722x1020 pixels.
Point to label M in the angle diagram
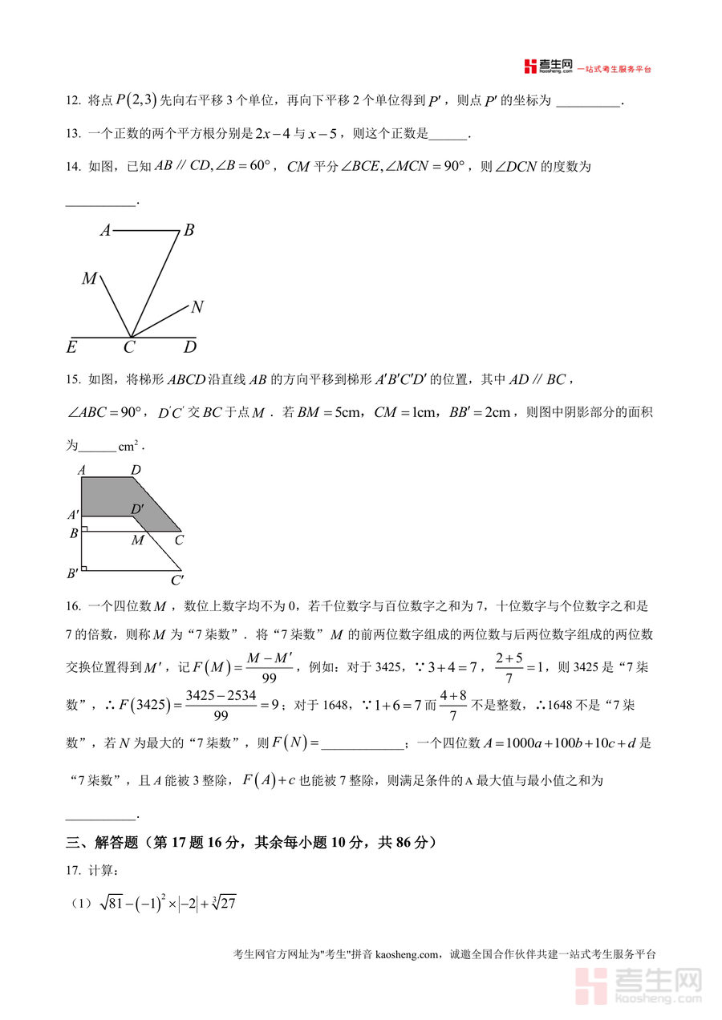coord(89,279)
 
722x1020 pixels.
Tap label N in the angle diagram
coord(197,306)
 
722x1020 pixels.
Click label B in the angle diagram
coord(189,230)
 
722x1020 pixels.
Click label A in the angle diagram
coord(105,231)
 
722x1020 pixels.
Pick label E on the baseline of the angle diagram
coord(71,347)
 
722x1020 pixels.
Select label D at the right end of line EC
coord(190,347)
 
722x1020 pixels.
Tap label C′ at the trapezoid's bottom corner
coord(177,581)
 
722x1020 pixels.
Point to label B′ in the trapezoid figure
coord(72,573)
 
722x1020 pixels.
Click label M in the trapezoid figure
coord(137,540)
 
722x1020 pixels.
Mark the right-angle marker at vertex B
coord(85,529)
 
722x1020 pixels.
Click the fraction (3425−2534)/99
coord(220,706)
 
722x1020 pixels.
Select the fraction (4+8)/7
coord(453,706)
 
